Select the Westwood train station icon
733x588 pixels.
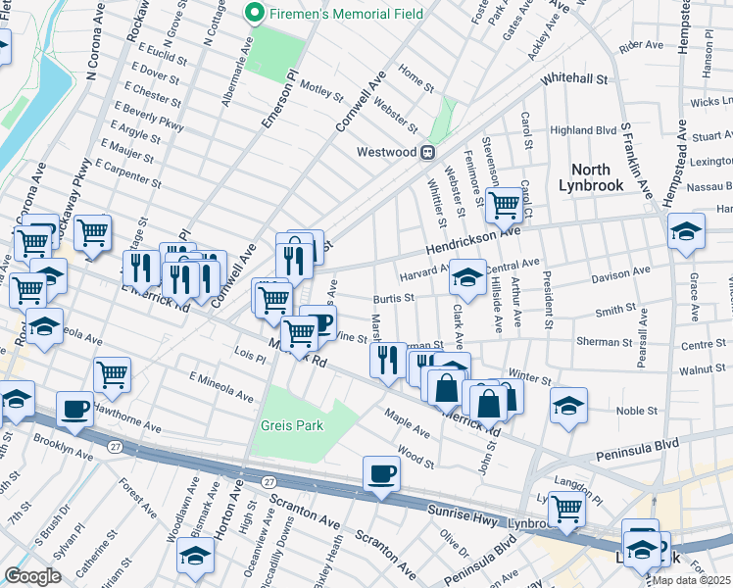click(x=428, y=152)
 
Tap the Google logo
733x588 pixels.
click(x=32, y=576)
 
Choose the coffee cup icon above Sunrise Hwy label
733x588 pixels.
click(x=381, y=474)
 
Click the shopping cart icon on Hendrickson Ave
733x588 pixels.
click(x=504, y=205)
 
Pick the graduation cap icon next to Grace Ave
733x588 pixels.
click(x=687, y=232)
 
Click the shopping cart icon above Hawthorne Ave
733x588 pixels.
click(x=113, y=372)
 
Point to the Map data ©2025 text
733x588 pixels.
click(x=691, y=580)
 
